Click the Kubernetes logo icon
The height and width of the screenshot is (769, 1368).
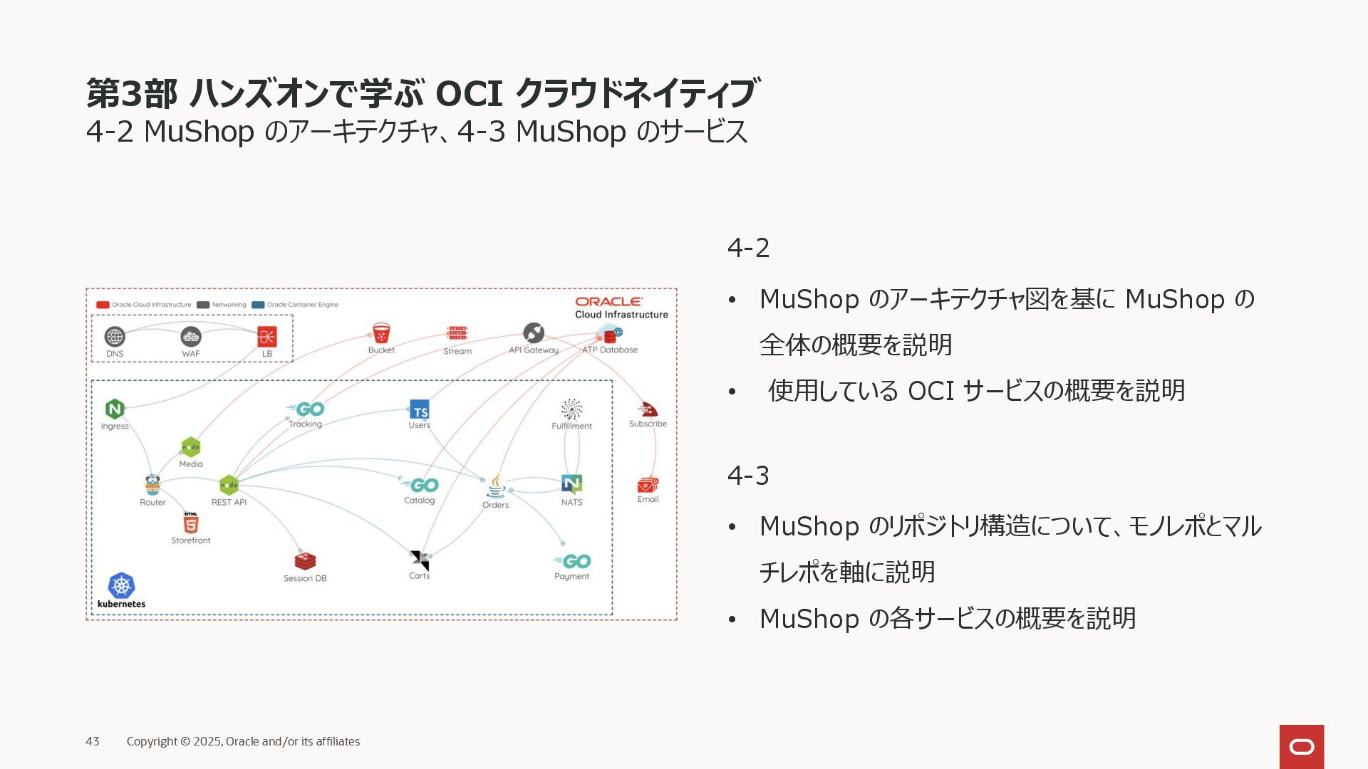(121, 585)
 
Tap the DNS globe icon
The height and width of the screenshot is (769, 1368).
(115, 336)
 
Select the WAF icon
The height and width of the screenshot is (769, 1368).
(191, 336)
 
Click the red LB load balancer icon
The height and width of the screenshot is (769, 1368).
(267, 336)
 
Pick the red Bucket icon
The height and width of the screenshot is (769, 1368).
(381, 333)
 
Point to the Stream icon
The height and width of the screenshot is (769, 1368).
(457, 333)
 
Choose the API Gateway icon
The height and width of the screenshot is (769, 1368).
(534, 333)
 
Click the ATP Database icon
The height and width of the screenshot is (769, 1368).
(610, 333)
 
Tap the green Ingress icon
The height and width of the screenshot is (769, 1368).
(115, 409)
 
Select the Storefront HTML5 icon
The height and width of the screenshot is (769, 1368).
(191, 523)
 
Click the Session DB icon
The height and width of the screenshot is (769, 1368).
(305, 561)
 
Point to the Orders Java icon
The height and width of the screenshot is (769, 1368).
(496, 486)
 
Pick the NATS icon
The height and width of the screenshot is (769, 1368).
(572, 485)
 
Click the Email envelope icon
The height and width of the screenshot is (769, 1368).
(648, 485)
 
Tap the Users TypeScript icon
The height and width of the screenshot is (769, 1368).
(420, 409)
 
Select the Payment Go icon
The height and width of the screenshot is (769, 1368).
(574, 561)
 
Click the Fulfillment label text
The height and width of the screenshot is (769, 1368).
(571, 426)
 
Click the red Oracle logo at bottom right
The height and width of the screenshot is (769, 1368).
(1302, 746)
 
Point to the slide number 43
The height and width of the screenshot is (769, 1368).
(93, 741)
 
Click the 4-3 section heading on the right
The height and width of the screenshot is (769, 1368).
(748, 475)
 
